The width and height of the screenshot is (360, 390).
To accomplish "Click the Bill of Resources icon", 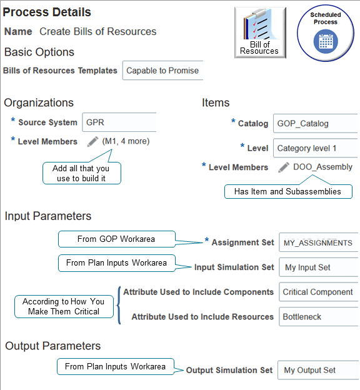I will pyautogui.click(x=259, y=32).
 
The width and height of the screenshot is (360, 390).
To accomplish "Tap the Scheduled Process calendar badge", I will pyautogui.click(x=325, y=32).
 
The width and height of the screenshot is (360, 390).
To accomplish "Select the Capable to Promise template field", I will pyautogui.click(x=162, y=71).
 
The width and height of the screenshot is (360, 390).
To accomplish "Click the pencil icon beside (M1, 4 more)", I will pyautogui.click(x=93, y=141).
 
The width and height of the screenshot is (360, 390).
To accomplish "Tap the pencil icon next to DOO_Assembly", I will pyautogui.click(x=284, y=167).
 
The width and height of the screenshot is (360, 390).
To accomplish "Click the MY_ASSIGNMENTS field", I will pyautogui.click(x=318, y=242).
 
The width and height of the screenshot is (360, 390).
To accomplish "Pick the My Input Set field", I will pyautogui.click(x=318, y=267).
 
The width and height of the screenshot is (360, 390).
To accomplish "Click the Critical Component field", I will pyautogui.click(x=318, y=292).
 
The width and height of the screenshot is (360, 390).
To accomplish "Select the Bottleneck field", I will pyautogui.click(x=318, y=317).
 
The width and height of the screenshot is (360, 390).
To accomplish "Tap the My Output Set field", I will pyautogui.click(x=317, y=370).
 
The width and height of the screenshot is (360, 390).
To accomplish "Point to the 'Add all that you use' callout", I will pyautogui.click(x=82, y=173).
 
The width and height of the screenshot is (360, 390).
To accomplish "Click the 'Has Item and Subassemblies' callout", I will pyautogui.click(x=287, y=191).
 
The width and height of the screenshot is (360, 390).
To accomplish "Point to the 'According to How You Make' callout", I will pyautogui.click(x=63, y=306).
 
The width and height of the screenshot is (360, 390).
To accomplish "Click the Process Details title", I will pyautogui.click(x=47, y=12).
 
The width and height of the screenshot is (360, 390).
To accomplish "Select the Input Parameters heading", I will pyautogui.click(x=47, y=216).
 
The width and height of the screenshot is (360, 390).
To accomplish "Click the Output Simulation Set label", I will pyautogui.click(x=229, y=370).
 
